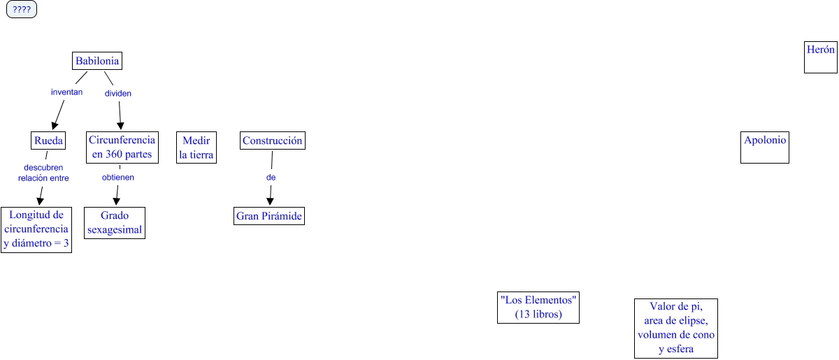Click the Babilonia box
[x=97, y=62]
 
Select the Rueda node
[x=49, y=141]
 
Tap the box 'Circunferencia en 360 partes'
[x=122, y=147]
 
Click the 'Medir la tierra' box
[x=196, y=147]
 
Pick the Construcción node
[x=273, y=141]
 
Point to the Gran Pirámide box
[x=269, y=217]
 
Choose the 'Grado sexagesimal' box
[x=115, y=223]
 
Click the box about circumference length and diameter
[x=36, y=229]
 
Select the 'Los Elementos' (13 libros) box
[x=538, y=308]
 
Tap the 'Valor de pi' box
[x=676, y=329]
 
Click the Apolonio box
[x=765, y=147]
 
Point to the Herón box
[x=821, y=57]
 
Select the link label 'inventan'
[x=67, y=92]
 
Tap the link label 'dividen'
[x=118, y=93]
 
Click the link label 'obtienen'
[x=118, y=177]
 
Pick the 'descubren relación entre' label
[x=43, y=173]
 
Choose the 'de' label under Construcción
[x=271, y=178]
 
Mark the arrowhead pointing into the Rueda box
[x=55, y=126]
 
